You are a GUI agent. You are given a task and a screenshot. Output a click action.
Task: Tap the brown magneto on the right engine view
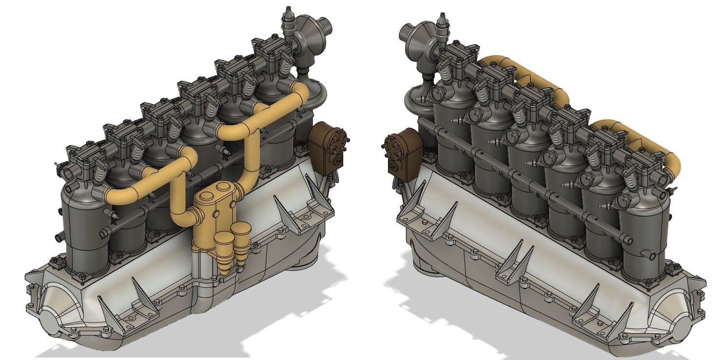(x=402, y=151)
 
